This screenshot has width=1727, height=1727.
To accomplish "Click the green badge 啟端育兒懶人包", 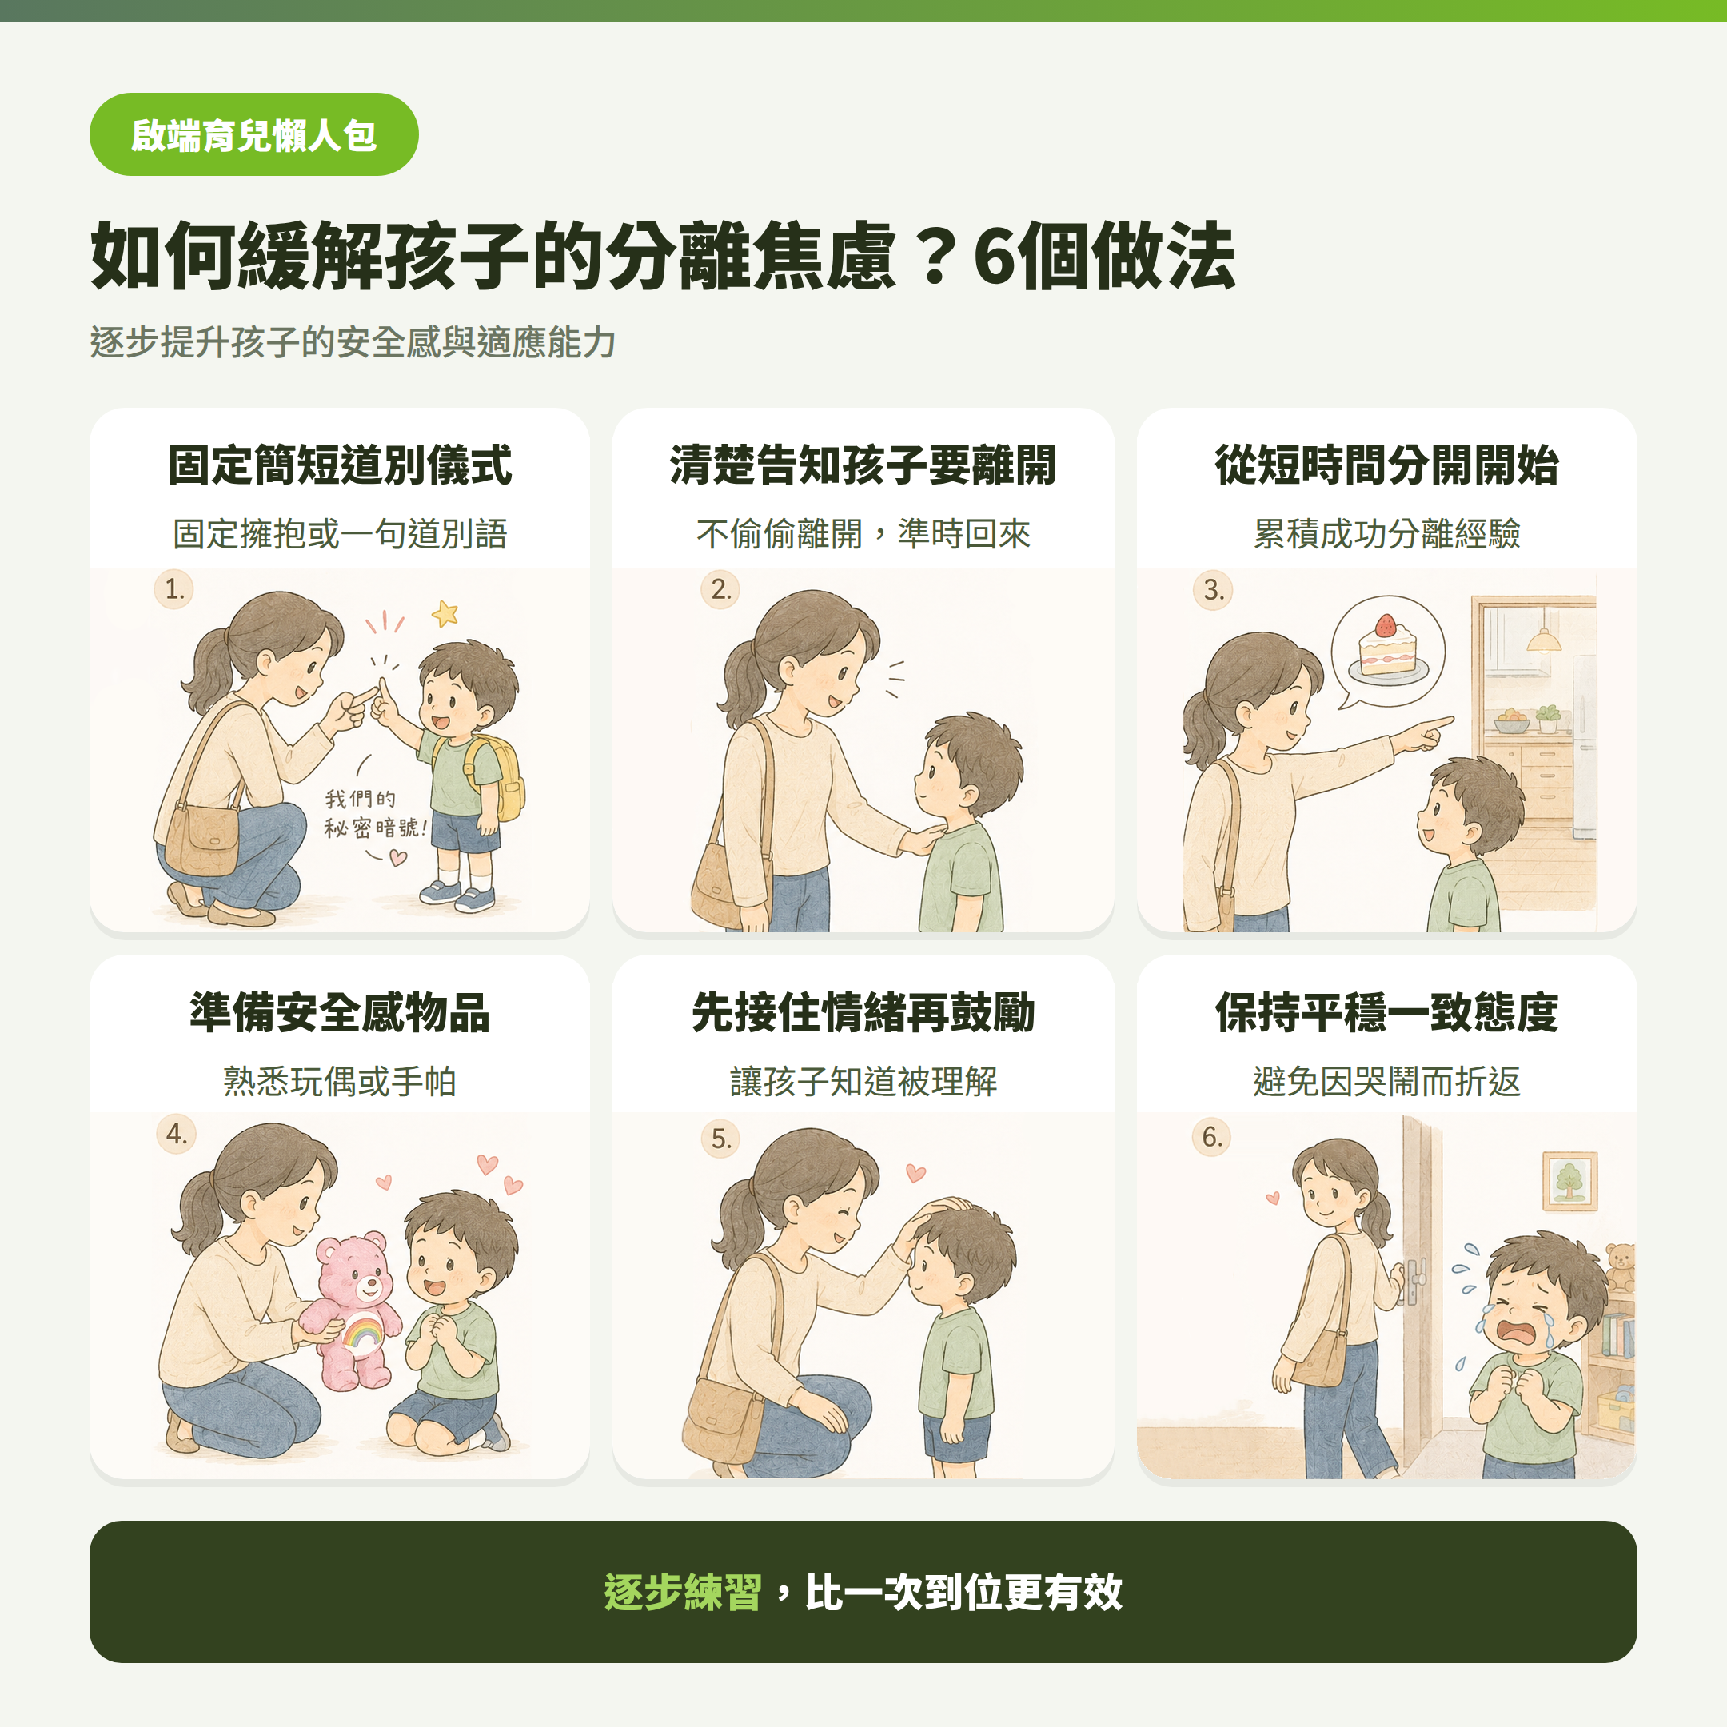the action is point(254,134).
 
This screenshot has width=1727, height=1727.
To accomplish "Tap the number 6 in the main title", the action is point(994,257).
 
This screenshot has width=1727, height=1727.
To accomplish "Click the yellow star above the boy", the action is point(445,613).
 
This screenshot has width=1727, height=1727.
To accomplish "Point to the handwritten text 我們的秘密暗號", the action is point(373,812).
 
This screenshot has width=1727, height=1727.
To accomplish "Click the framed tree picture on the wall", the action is point(1569,1181).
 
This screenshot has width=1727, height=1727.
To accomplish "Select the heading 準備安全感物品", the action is point(340,1013).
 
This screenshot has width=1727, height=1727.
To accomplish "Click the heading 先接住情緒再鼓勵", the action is point(863,1013).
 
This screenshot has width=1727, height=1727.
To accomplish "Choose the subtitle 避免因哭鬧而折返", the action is point(1386,1082).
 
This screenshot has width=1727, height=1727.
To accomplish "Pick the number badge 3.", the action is point(1213,590).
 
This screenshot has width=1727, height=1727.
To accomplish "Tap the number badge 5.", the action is point(720,1138).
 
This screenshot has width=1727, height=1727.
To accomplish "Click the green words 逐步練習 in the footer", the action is point(682,1592).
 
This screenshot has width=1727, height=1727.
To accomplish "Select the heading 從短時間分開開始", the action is point(1386,465).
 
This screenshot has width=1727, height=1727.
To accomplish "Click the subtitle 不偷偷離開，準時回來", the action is point(863,533).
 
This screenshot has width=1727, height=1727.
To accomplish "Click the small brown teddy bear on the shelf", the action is point(1620,1267).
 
